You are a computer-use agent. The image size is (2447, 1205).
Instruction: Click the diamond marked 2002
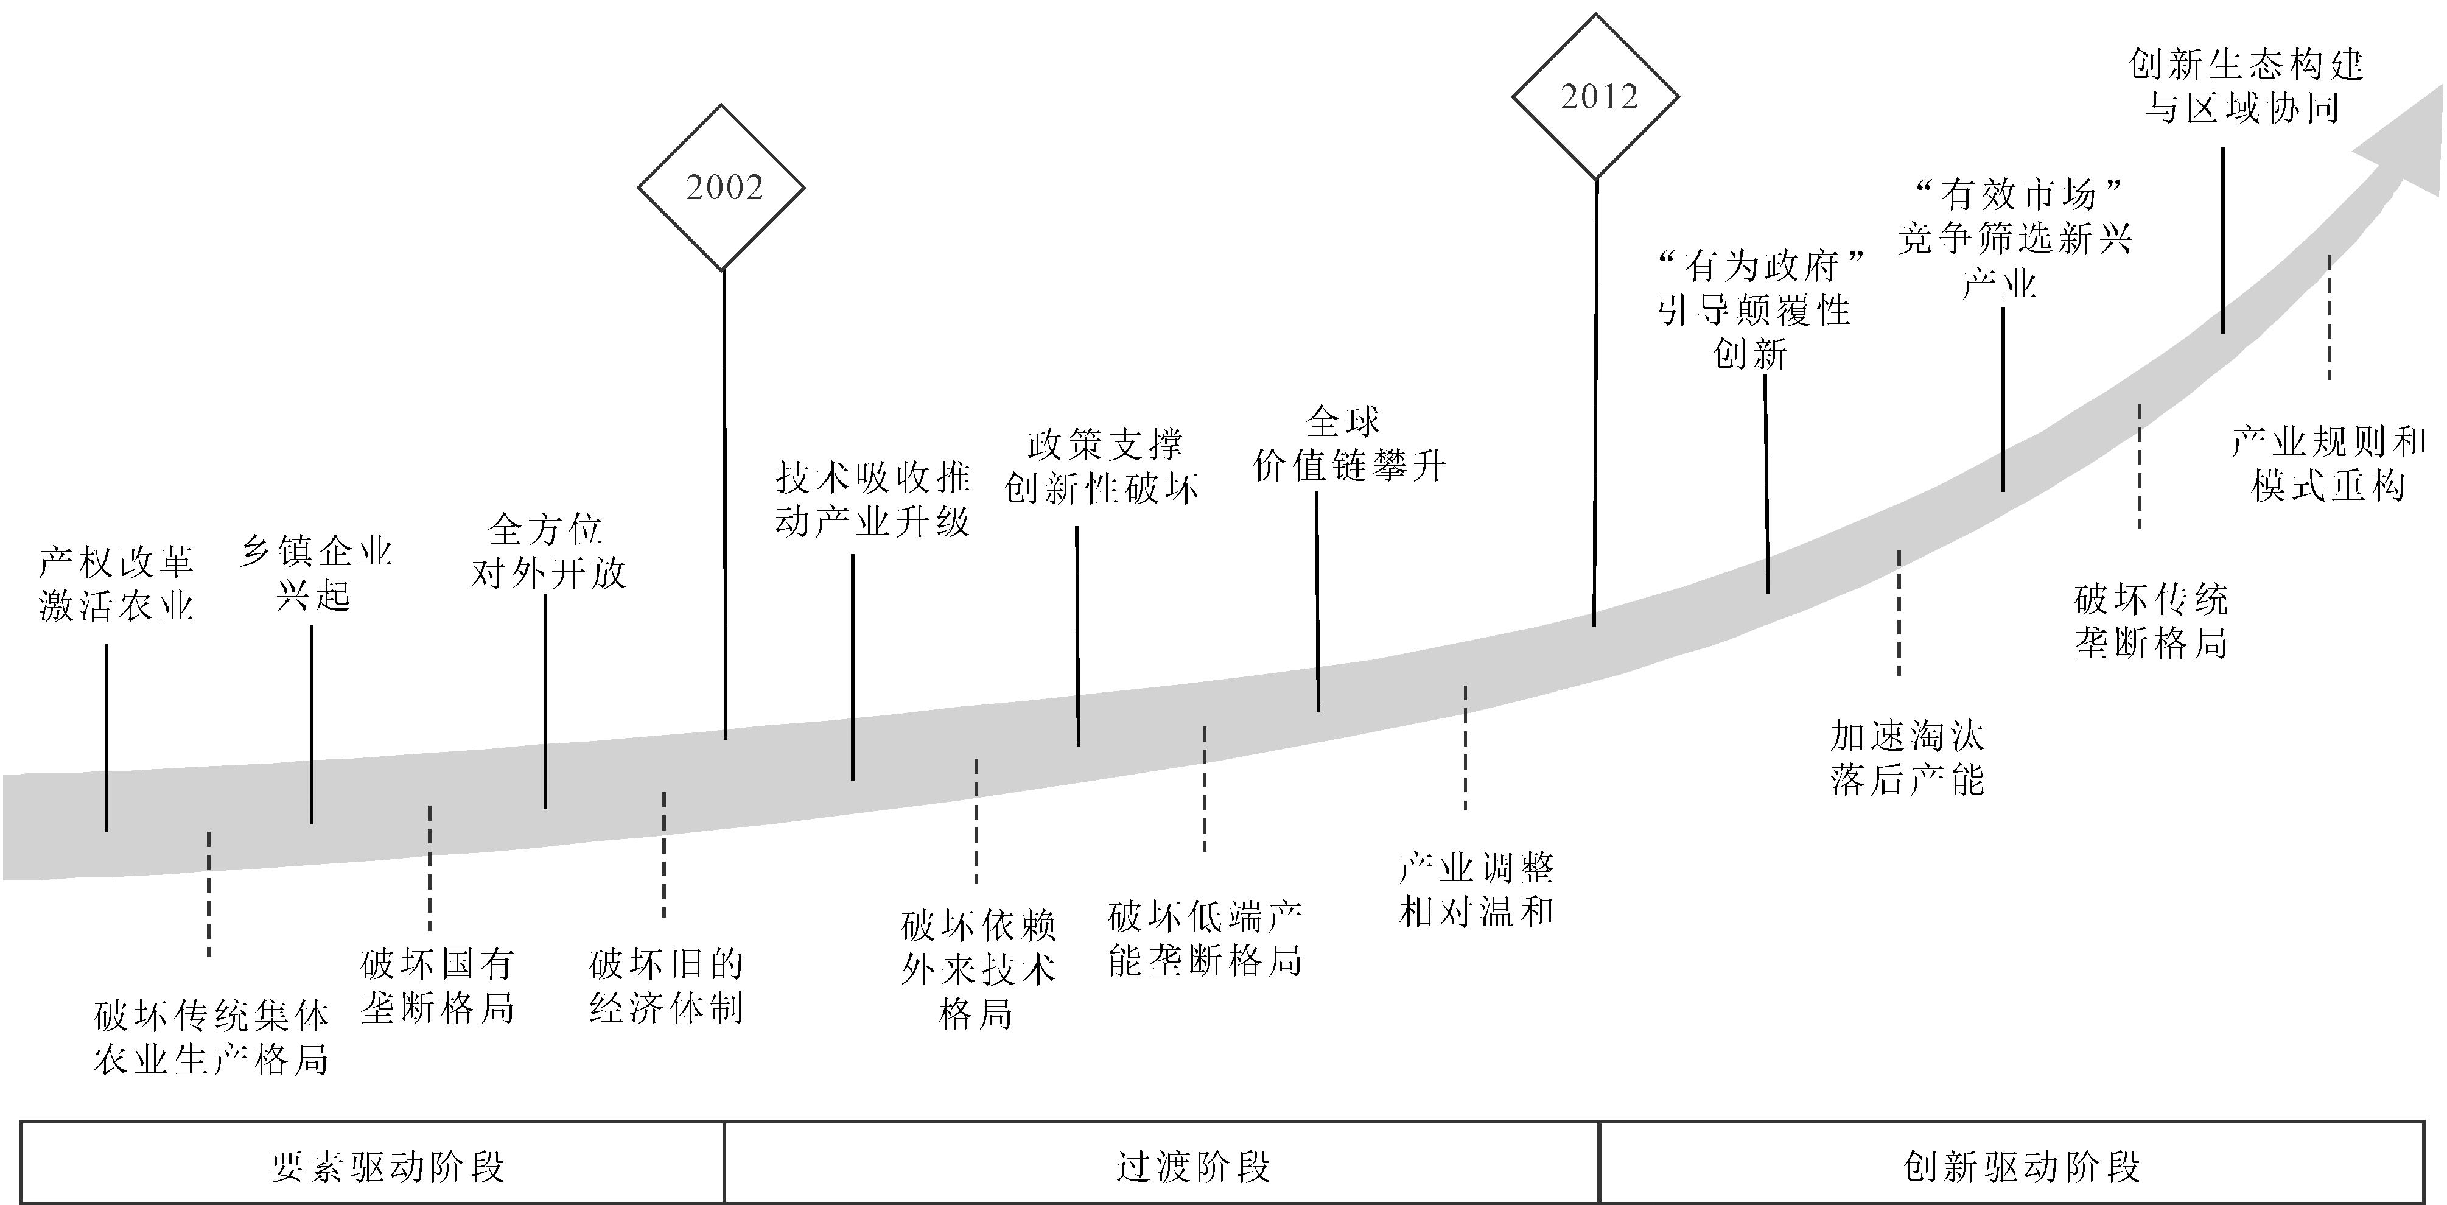pos(721,187)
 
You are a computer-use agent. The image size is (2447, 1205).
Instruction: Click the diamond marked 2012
pos(1596,96)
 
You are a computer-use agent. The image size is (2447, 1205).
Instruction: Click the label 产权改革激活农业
pos(116,583)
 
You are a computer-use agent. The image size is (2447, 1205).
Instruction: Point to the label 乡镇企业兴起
pos(315,573)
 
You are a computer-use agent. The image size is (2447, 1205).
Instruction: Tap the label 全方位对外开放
pos(548,551)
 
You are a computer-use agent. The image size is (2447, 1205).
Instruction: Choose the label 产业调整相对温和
pos(1476,890)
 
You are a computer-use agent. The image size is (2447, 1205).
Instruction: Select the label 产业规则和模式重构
pos(2328,464)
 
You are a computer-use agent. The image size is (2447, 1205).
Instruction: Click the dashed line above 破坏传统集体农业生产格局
pos(209,893)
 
